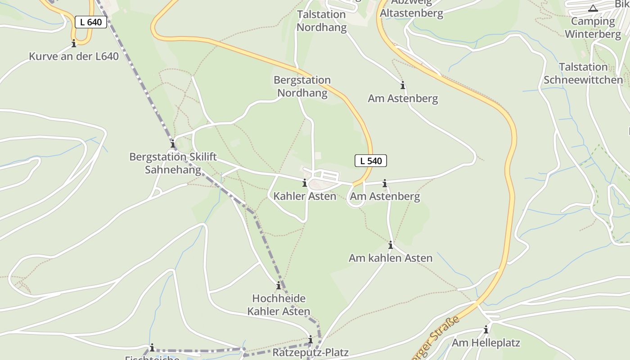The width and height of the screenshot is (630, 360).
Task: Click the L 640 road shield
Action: point(91,22)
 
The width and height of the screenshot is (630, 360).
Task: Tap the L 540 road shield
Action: point(371,161)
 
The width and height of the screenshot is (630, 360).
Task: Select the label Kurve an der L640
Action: point(74,56)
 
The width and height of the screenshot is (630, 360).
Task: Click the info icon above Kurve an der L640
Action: point(74,43)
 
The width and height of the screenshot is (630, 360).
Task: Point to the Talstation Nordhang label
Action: point(321,21)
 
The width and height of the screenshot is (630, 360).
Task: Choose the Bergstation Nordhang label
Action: point(302,86)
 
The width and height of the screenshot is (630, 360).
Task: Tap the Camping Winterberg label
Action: point(593,27)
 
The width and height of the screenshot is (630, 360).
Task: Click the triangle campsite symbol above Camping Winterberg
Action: point(593,8)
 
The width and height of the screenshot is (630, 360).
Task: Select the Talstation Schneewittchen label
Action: point(583,73)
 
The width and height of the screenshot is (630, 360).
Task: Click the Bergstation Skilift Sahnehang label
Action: point(173,163)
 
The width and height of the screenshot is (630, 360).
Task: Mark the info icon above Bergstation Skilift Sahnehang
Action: point(172,144)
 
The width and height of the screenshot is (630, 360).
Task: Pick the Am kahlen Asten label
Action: point(391,258)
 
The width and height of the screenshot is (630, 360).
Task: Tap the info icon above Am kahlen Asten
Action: point(391,245)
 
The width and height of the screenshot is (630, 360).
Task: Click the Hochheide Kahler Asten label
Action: point(279,305)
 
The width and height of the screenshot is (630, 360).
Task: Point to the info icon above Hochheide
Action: point(279,285)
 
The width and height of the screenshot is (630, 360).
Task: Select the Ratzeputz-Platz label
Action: point(310,352)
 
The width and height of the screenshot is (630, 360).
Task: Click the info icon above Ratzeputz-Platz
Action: point(310,339)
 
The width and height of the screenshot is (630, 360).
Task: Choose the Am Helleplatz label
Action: point(486,343)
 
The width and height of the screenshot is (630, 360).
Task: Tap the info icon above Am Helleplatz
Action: point(486,330)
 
